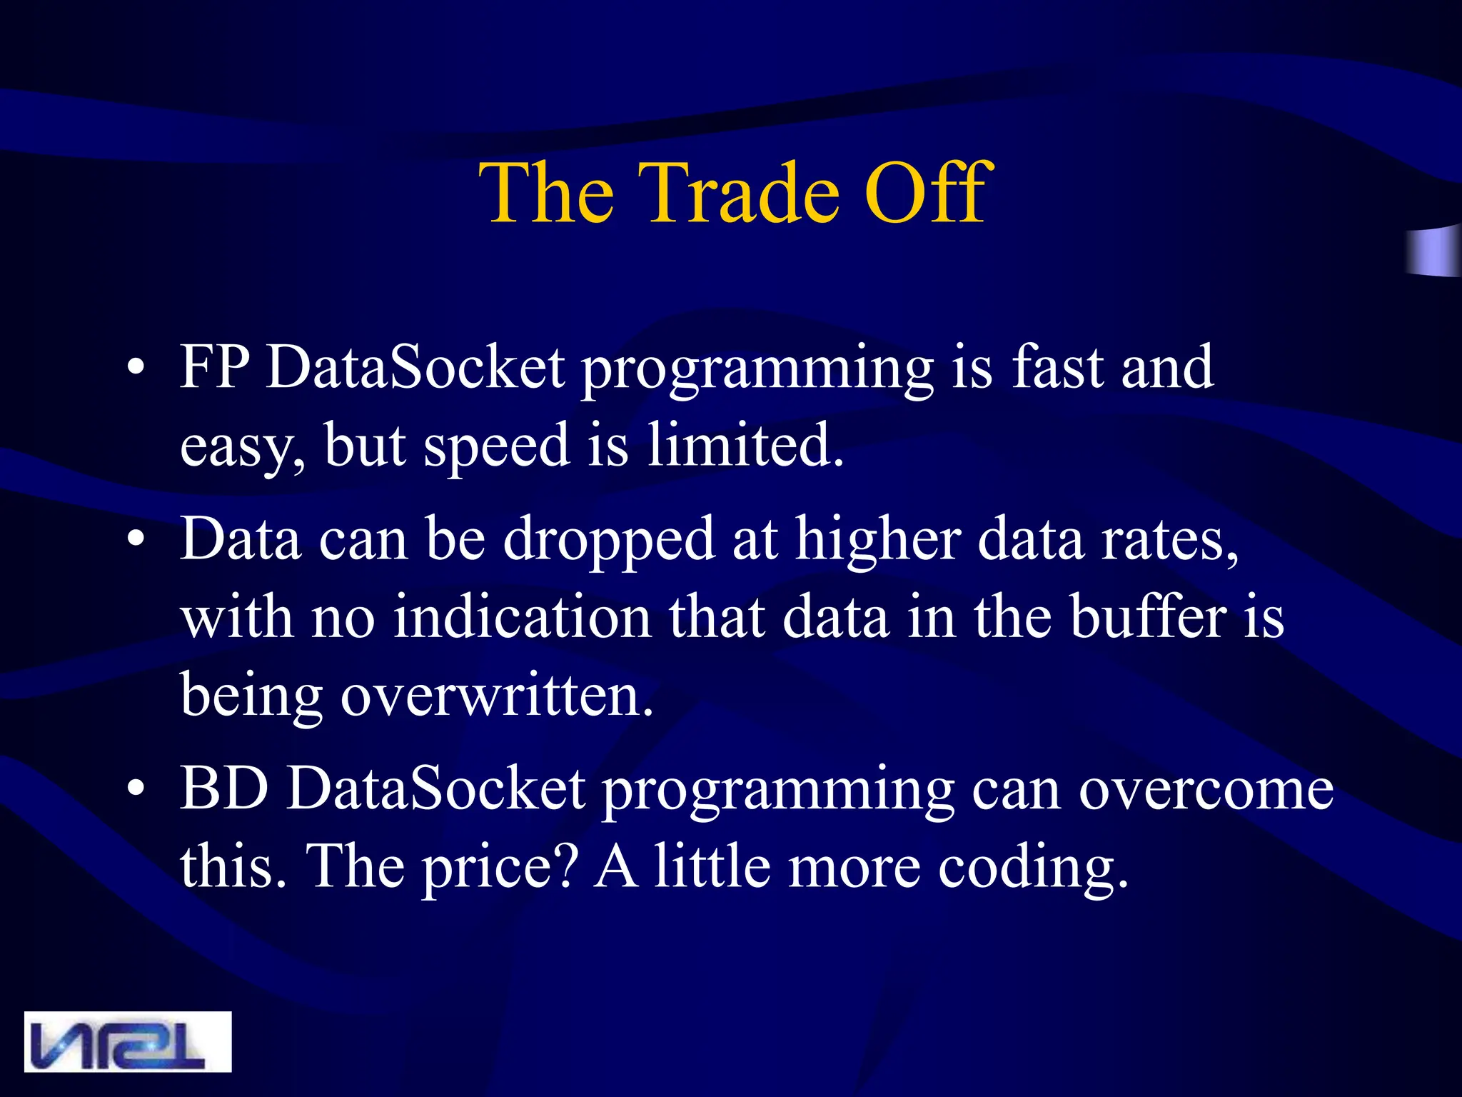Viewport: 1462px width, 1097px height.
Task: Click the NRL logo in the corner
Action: (128, 1041)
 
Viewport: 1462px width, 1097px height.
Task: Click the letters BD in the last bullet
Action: (224, 788)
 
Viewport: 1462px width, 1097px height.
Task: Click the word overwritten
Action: (496, 696)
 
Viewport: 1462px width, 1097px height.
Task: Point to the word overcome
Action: (1205, 790)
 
